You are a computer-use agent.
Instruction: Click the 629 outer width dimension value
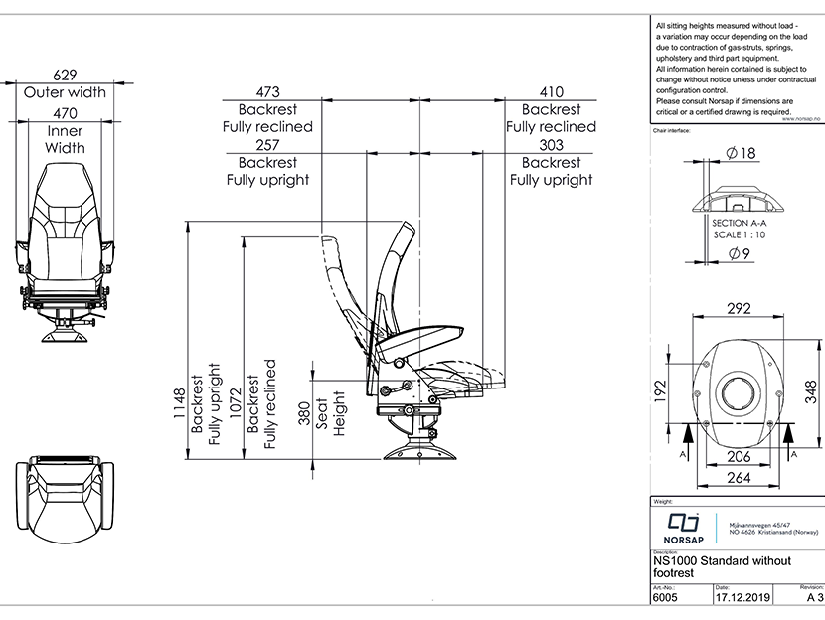[66, 75]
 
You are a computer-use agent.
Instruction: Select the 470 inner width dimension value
[66, 113]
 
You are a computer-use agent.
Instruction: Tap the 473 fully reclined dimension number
[267, 92]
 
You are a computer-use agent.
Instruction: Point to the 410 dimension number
[551, 92]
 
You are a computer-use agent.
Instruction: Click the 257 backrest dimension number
[267, 145]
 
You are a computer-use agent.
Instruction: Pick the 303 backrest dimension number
[551, 145]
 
